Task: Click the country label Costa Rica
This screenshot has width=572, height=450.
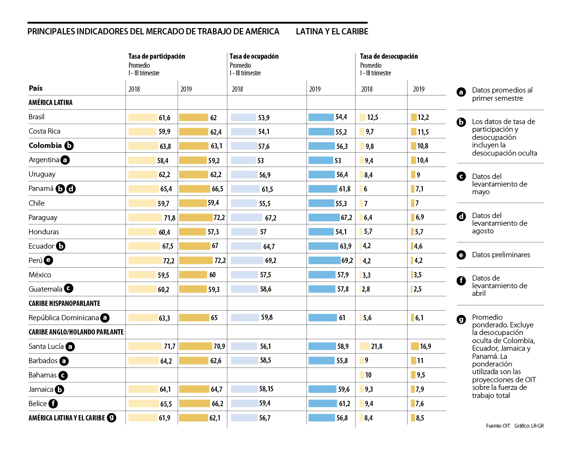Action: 44,131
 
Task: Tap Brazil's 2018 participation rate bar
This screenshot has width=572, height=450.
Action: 143,117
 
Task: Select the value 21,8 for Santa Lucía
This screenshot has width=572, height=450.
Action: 376,346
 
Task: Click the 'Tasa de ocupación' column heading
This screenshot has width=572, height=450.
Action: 254,56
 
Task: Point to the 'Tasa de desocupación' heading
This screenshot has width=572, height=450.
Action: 389,56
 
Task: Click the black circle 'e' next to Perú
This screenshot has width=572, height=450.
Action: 48,261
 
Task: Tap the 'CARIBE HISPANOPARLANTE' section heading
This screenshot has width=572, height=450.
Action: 64,303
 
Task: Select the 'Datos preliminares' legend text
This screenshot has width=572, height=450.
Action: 501,255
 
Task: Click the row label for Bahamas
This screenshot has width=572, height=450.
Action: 42,375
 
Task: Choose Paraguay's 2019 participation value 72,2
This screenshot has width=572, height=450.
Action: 220,218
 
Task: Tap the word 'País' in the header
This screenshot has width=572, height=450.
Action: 35,88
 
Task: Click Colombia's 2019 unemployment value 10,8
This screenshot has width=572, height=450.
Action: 423,146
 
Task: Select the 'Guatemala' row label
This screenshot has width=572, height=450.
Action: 45,289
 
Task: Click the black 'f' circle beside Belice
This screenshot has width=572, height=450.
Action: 53,404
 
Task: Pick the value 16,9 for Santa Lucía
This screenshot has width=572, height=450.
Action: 426,346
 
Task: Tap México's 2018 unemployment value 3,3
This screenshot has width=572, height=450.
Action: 367,275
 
